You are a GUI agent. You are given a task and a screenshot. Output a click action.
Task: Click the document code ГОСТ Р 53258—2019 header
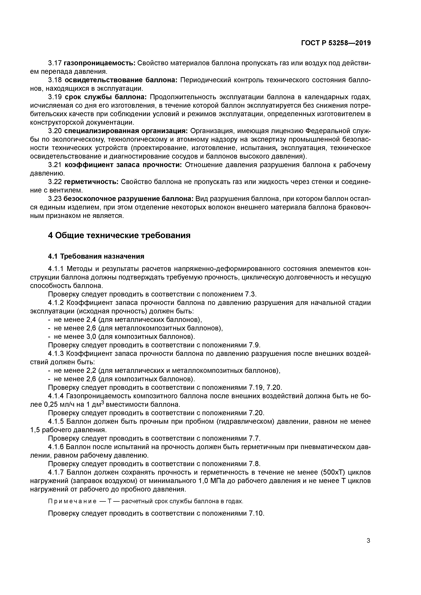[336, 43]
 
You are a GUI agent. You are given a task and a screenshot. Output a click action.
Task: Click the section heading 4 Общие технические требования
[119, 235]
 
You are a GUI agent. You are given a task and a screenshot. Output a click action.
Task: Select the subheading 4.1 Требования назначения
[96, 256]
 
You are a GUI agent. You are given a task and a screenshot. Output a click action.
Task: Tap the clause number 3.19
[55, 97]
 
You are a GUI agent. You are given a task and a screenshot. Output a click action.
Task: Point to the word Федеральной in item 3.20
[327, 131]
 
